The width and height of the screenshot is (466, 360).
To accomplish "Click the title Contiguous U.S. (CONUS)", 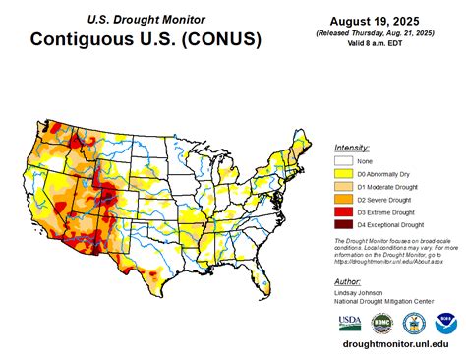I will [146, 40].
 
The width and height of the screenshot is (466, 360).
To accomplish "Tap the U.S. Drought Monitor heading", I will [146, 18].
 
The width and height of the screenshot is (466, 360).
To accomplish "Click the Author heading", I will [347, 280].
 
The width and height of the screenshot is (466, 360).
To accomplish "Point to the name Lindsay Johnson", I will [361, 292].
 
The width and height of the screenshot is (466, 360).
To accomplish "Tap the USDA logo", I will [350, 323].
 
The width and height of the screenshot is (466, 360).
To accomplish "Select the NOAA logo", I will [447, 323].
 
